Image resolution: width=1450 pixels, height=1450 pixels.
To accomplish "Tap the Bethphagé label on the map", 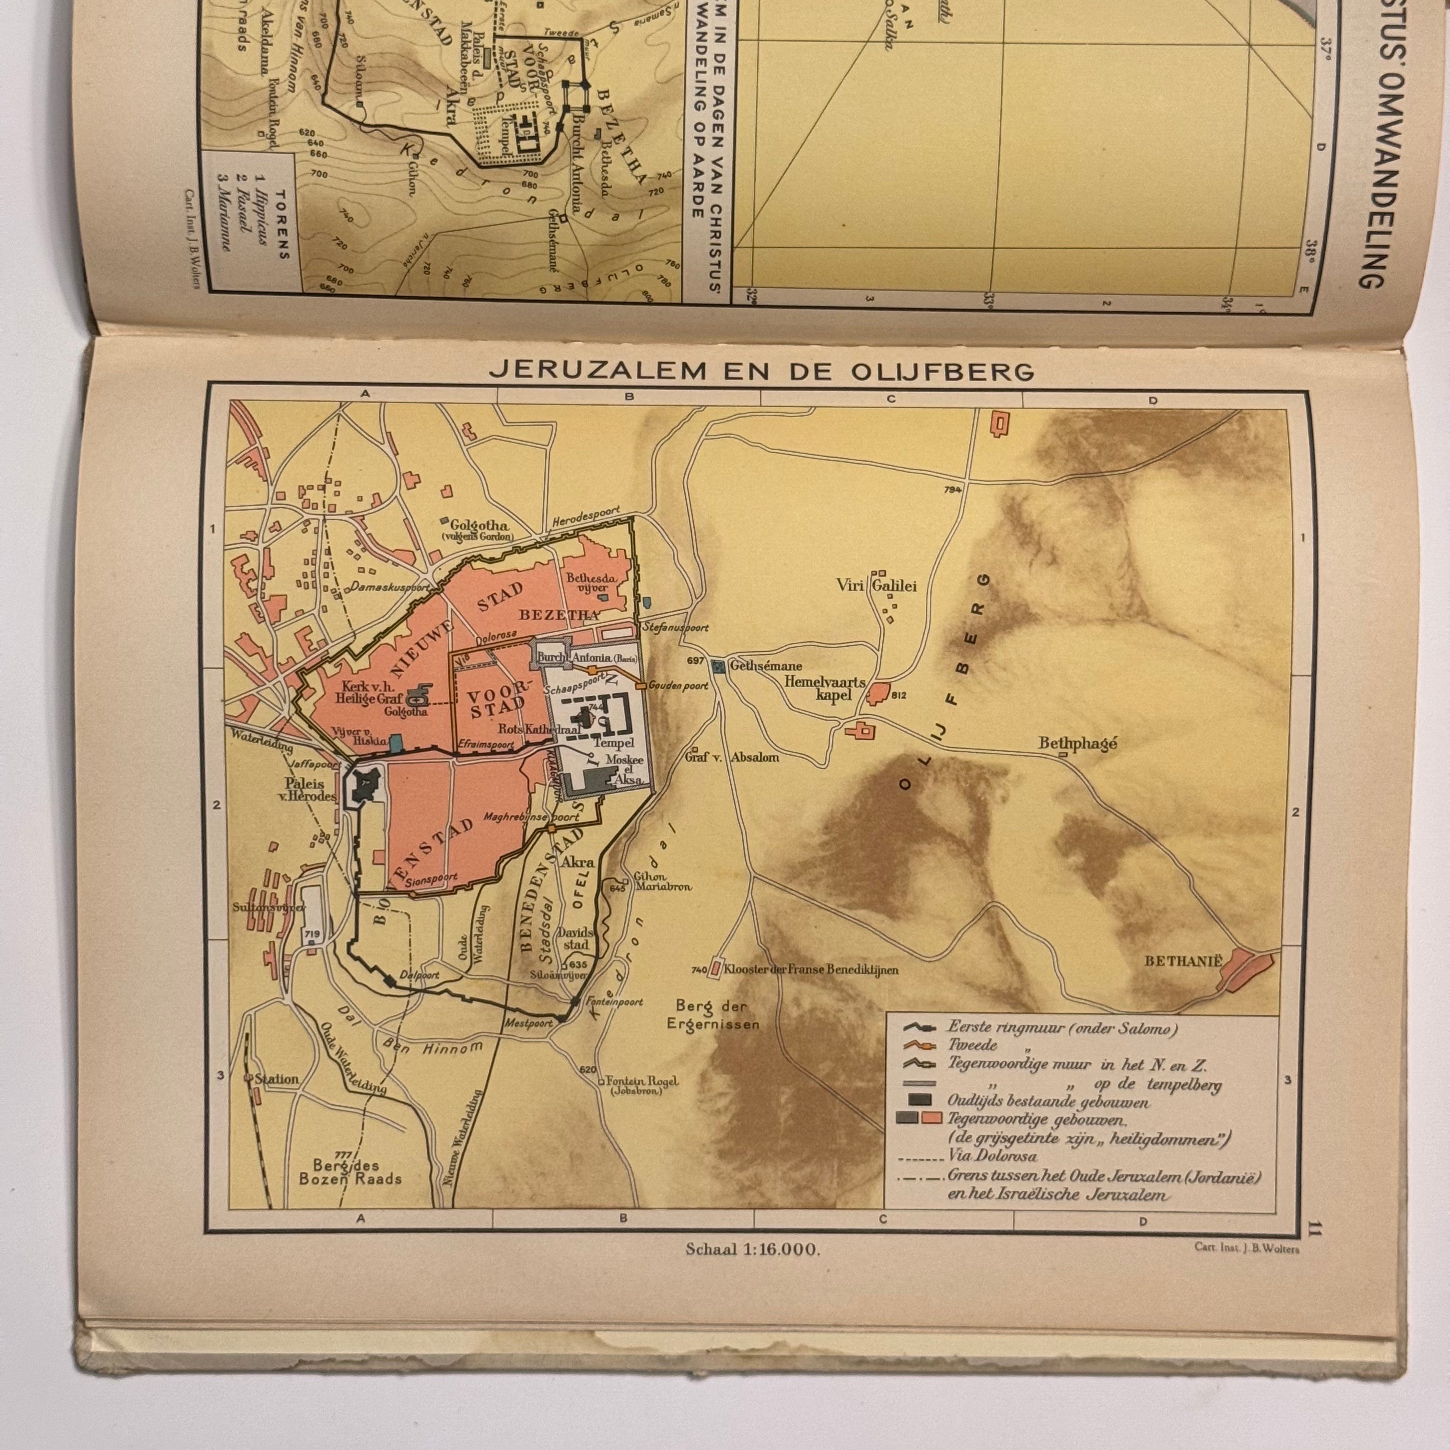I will [1078, 744].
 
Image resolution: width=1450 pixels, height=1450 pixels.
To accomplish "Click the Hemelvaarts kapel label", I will [825, 688].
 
